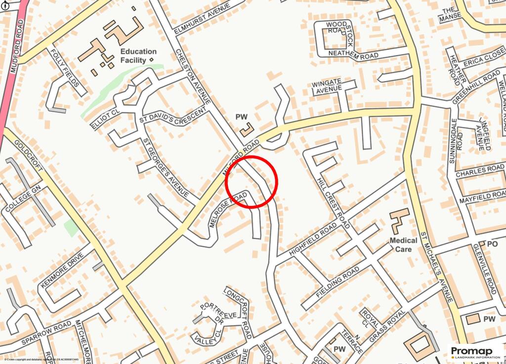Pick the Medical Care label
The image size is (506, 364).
403,244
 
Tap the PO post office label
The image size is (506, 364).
492,244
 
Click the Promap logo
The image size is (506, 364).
475,352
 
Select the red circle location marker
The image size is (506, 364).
252,181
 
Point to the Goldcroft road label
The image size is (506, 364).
30,155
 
